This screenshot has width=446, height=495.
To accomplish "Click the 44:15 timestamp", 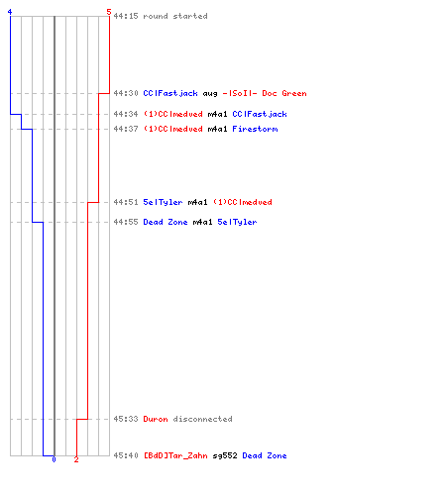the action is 126,16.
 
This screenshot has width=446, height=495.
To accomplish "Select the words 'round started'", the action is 175,16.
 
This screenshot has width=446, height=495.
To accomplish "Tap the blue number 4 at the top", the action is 10,12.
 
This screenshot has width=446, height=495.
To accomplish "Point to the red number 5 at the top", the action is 109,12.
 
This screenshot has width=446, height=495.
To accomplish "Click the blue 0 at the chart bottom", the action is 54,459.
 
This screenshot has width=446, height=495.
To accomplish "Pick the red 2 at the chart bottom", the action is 76,459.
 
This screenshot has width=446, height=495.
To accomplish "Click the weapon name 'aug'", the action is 210,94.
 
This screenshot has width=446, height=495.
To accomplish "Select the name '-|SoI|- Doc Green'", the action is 265,93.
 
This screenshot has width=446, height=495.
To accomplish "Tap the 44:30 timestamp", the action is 126,93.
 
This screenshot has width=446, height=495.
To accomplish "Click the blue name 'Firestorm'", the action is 255,129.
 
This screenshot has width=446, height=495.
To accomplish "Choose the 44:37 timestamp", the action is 126,129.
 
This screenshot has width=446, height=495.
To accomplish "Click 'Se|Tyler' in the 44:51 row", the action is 163,202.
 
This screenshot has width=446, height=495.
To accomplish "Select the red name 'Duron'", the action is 156,419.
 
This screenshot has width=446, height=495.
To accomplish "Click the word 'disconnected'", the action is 203,419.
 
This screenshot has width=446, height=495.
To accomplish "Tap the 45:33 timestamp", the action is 126,419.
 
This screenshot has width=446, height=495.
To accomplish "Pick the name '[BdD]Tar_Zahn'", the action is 175,455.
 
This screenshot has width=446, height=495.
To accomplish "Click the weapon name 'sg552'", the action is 225,455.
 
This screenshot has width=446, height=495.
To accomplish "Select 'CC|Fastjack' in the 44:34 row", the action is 260,114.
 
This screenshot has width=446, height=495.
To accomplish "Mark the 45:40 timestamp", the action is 126,455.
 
